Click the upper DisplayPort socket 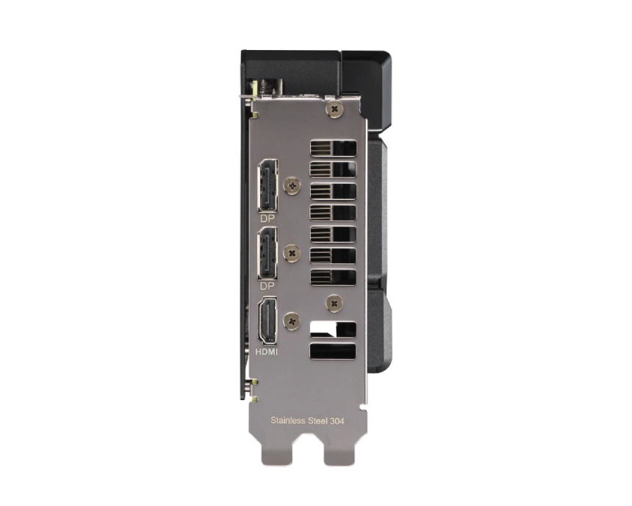pos(267,185)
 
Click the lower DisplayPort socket pos(267,253)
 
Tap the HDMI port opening pos(267,321)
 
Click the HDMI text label pos(267,352)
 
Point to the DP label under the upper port pos(267,218)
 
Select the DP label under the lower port pos(267,286)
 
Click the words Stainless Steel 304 pos(307,421)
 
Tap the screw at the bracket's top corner pos(335,109)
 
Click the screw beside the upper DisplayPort pos(292,186)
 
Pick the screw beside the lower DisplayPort pos(292,254)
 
